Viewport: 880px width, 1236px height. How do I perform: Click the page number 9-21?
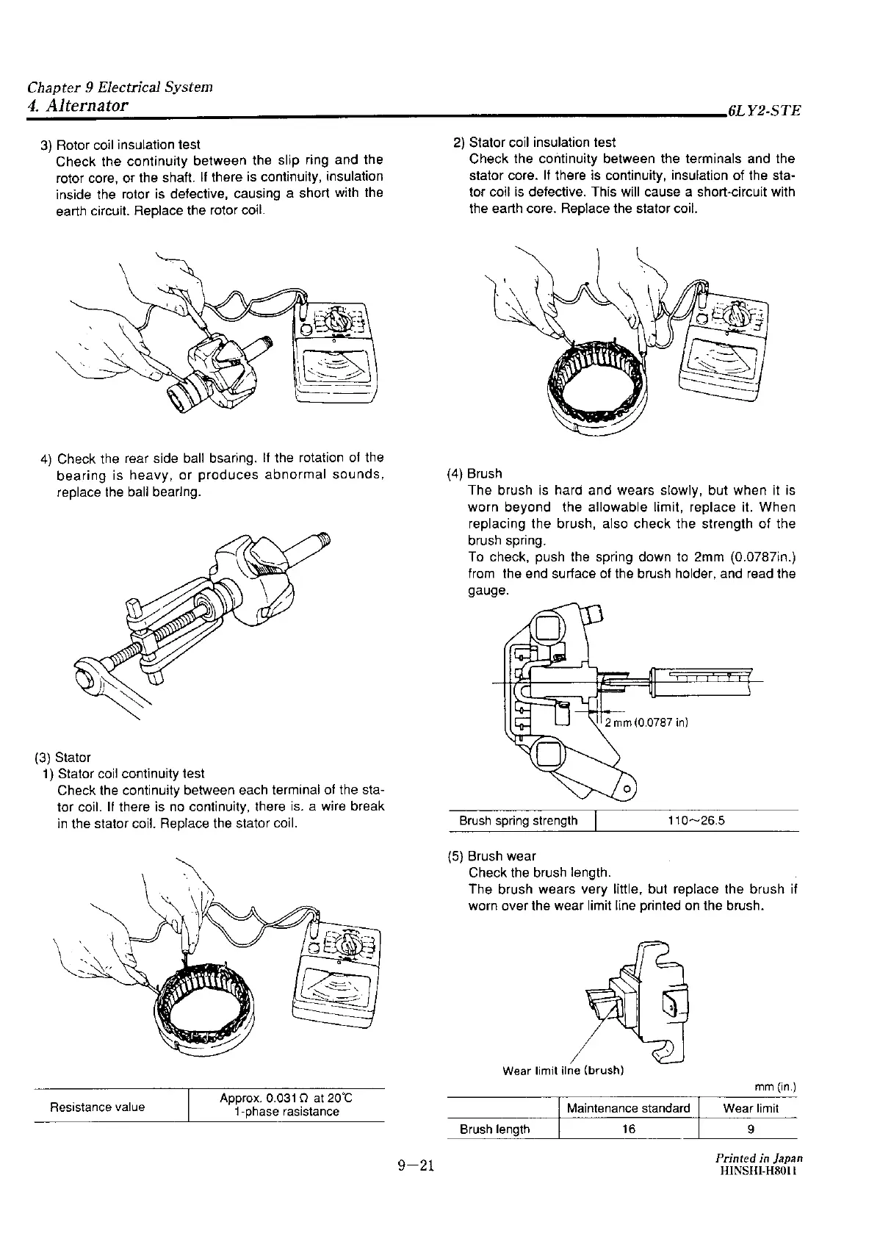(x=416, y=1167)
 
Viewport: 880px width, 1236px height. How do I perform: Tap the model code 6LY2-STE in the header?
(x=763, y=112)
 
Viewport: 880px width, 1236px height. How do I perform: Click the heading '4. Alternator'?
(x=78, y=106)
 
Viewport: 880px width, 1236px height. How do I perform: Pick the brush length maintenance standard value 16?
(x=628, y=1129)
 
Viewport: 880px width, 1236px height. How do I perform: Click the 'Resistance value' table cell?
(x=97, y=1107)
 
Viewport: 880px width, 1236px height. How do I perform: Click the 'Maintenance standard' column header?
(x=628, y=1108)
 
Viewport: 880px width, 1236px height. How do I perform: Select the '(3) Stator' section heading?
(x=62, y=757)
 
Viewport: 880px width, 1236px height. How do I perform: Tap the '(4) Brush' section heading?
(x=475, y=473)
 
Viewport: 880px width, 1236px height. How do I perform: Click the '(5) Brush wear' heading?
(x=491, y=856)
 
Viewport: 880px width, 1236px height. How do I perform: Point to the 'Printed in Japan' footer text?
(x=759, y=1157)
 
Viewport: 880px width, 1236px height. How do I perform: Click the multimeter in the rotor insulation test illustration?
(x=338, y=354)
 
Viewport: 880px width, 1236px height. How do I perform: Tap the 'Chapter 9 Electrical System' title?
(x=120, y=87)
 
